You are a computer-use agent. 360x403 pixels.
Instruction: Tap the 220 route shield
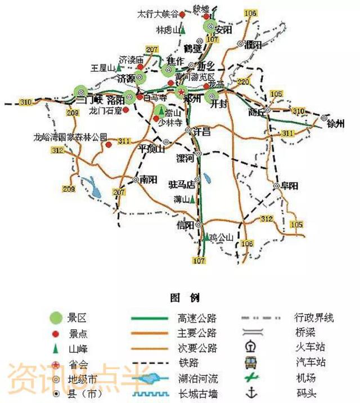coord(243,83)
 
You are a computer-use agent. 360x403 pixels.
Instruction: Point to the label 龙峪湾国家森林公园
coord(70,137)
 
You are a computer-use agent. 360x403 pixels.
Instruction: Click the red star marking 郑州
coord(181,91)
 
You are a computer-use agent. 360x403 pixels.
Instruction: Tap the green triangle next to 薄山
coord(193,199)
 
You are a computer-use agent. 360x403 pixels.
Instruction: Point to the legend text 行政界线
coord(313,318)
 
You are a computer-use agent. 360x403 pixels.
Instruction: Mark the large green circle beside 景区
coord(55,319)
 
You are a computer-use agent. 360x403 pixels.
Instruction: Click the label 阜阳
coord(290,186)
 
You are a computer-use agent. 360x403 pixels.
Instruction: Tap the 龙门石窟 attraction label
coord(106,111)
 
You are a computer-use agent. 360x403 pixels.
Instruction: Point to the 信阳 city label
coord(185,226)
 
